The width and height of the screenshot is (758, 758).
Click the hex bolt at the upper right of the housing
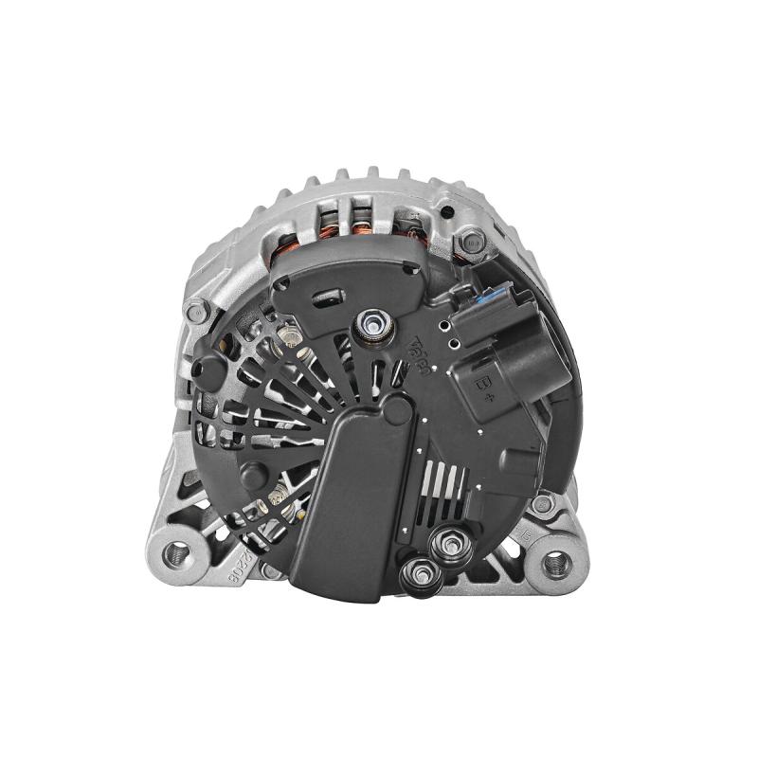tap(472, 244)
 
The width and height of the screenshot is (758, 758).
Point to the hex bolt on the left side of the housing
tap(197, 310)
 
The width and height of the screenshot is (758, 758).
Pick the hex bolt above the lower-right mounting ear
tap(543, 504)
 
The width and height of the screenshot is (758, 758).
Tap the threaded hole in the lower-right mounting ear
tap(557, 565)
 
